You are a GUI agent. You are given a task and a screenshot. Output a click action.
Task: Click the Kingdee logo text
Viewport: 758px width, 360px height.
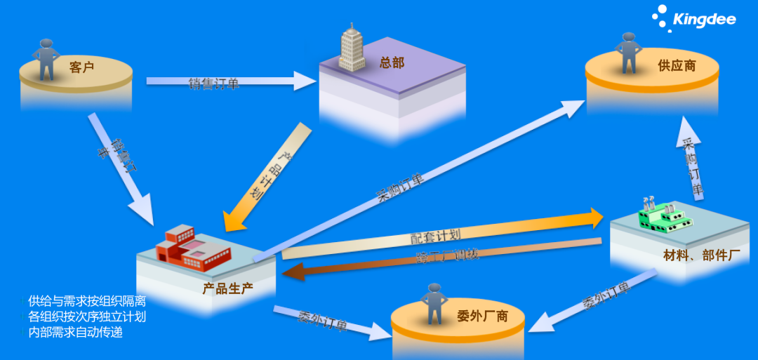click(705, 19)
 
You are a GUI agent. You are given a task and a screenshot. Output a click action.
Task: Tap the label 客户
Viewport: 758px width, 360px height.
click(82, 67)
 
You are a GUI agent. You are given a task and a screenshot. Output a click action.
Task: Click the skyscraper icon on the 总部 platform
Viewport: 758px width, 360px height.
click(352, 48)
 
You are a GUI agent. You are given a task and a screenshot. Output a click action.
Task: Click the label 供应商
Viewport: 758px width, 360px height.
click(677, 66)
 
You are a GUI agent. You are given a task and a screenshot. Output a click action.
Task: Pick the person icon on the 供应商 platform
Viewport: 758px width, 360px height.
click(627, 52)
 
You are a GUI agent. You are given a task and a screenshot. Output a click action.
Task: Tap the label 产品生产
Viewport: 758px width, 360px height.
click(227, 288)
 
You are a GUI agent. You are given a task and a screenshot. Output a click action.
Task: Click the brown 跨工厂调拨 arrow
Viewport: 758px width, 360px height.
click(442, 258)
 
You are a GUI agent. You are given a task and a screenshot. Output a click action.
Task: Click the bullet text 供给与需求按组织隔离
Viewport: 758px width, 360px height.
click(86, 301)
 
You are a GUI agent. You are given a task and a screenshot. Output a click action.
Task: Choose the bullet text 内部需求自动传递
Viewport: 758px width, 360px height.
click(75, 332)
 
